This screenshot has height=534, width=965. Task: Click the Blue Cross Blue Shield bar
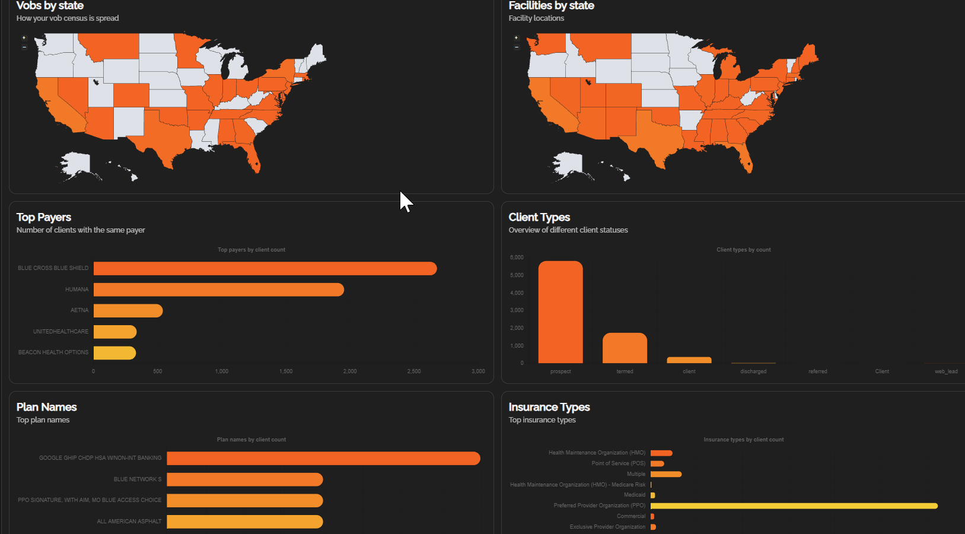tap(265, 269)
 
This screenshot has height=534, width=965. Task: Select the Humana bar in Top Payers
tap(218, 290)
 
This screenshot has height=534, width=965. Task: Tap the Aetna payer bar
tap(128, 311)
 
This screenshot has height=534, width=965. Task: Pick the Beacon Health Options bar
tap(114, 353)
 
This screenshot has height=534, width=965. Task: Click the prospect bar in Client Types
tap(560, 312)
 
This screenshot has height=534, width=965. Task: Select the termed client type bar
tap(625, 348)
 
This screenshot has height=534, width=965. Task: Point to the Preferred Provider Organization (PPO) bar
tap(794, 506)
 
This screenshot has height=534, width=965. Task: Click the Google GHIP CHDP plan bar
tap(323, 458)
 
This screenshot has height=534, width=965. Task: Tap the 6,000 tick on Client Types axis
tap(517, 258)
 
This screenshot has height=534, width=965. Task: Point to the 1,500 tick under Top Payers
tap(286, 371)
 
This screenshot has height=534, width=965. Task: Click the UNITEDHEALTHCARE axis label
tap(60, 332)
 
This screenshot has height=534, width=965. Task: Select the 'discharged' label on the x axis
tap(753, 371)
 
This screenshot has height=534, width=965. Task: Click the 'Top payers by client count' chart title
tap(251, 250)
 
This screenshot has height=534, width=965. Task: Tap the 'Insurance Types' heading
tap(549, 407)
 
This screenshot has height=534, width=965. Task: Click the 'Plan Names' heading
tap(47, 407)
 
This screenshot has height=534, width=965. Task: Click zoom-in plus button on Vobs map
tap(24, 38)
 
